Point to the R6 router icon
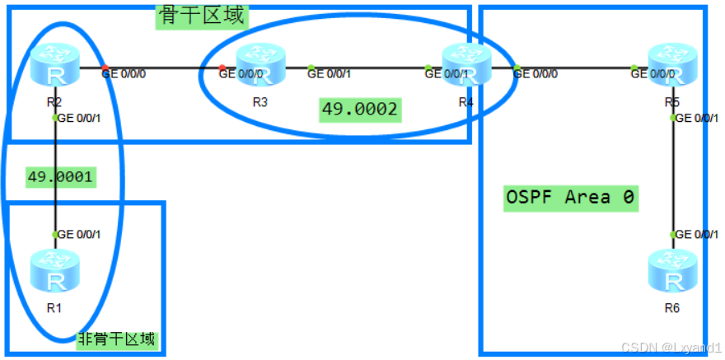click(673, 273)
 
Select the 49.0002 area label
click(360, 109)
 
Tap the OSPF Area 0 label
click(570, 198)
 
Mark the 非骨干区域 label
click(117, 339)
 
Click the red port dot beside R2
click(105, 68)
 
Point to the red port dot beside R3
click(222, 68)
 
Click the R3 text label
click(260, 102)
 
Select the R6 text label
click(672, 308)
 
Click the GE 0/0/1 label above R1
click(79, 235)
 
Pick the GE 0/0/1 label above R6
click(697, 235)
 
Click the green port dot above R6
click(674, 235)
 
